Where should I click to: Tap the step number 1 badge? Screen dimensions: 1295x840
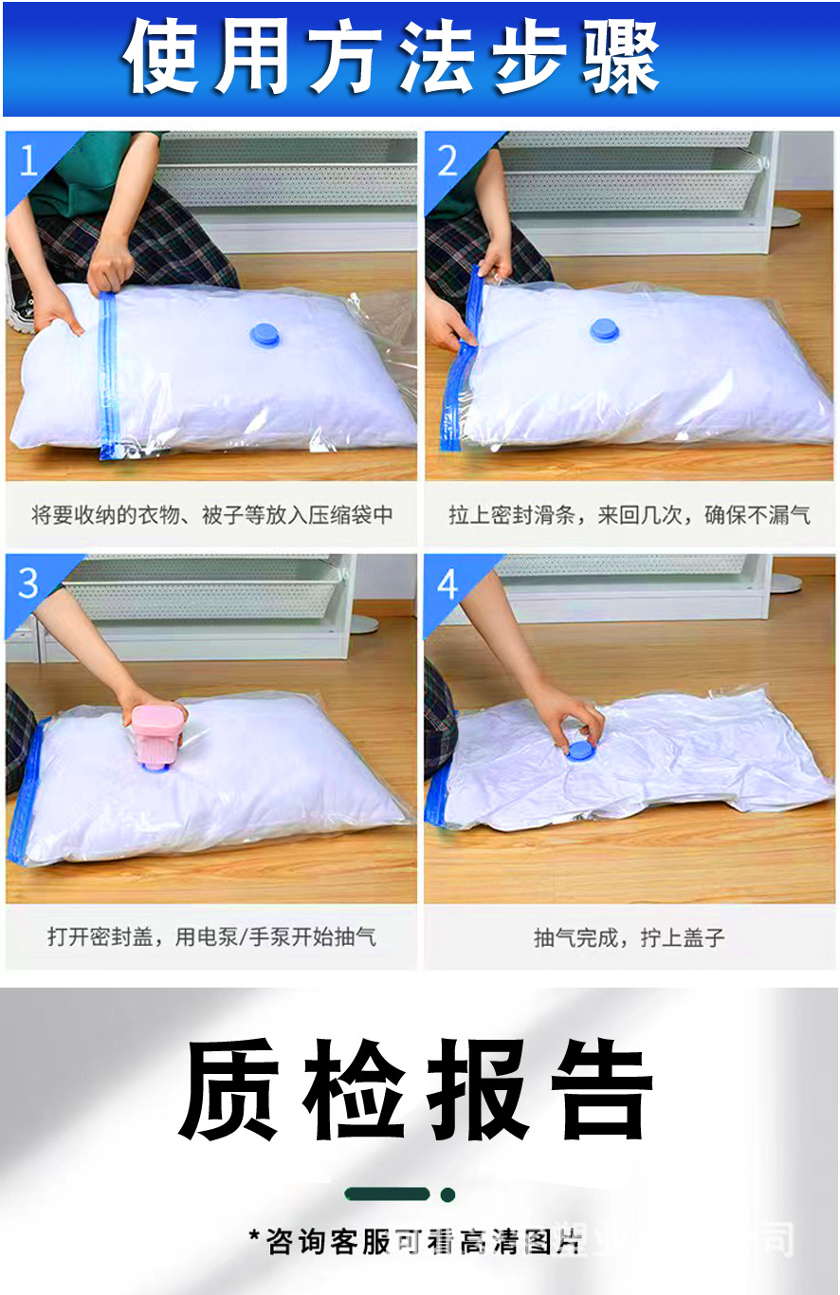28,161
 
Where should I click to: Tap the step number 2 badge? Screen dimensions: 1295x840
448,161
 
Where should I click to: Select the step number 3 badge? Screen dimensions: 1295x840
28,583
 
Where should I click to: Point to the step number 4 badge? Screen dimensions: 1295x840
447,583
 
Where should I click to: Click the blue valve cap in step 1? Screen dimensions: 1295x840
265,333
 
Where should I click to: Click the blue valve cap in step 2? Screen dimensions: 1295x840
606,329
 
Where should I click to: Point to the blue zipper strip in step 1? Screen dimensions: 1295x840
107,375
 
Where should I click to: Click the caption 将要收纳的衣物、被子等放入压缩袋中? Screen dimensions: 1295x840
211,516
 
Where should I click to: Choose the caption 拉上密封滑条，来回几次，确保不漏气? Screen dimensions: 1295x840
630,516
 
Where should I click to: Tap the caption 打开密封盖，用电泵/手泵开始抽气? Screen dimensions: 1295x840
211,937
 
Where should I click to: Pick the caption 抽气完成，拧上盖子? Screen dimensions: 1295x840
630,938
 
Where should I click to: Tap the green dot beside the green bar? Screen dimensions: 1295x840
447,1194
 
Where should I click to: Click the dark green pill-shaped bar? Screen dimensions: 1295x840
388,1194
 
